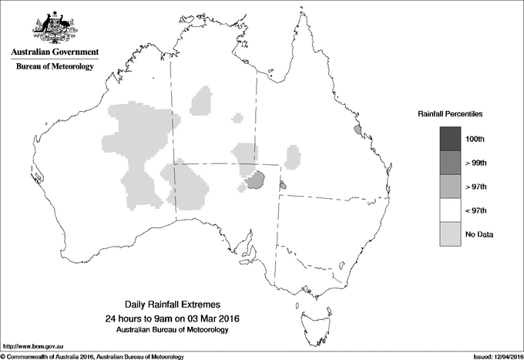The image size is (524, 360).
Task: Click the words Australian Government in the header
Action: point(55,52)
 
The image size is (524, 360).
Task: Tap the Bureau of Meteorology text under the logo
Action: point(55,67)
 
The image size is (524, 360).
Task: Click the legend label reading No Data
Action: point(479,234)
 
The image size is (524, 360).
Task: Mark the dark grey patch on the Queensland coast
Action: point(357,131)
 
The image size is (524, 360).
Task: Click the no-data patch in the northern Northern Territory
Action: point(202,101)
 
